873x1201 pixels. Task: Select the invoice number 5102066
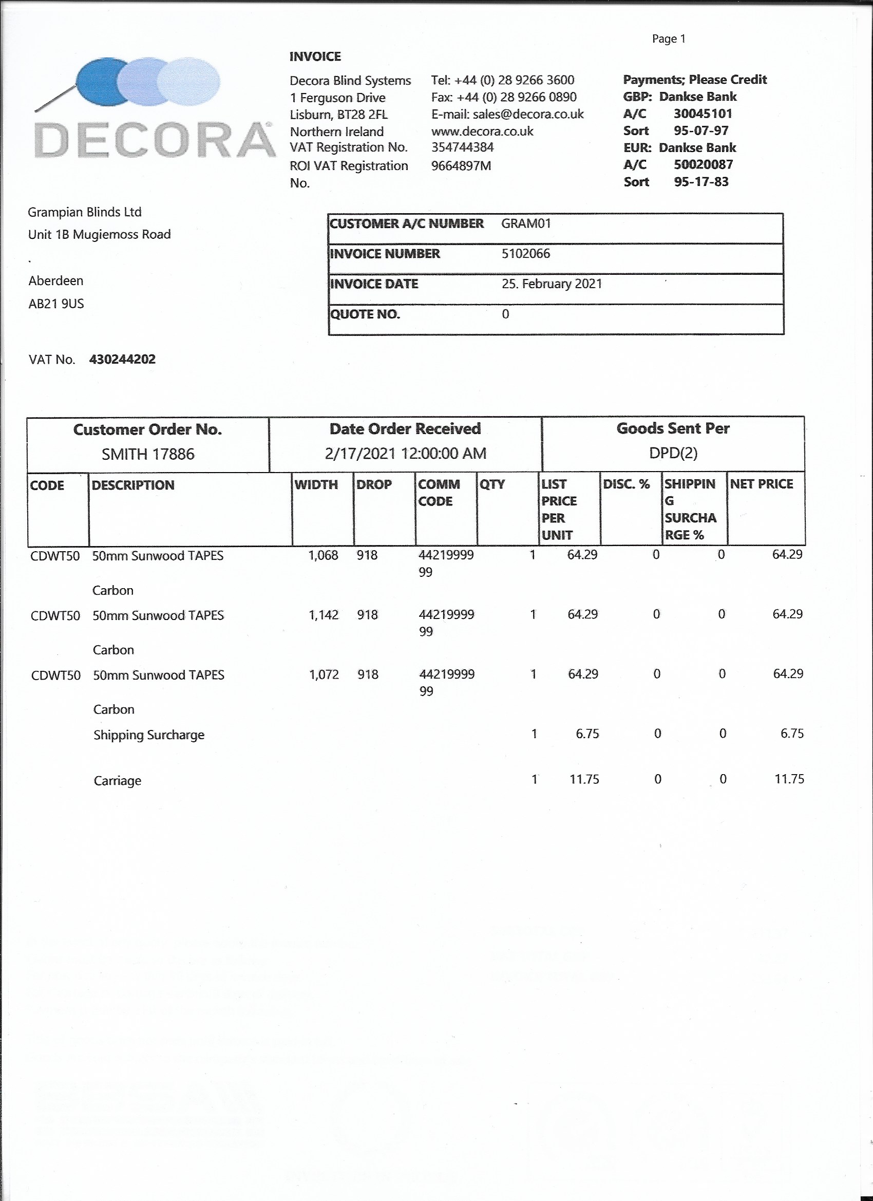point(526,254)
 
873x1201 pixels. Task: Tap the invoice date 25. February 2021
point(552,284)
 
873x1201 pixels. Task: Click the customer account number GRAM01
point(526,223)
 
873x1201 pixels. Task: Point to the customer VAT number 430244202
point(122,360)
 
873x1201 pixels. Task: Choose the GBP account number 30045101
point(703,114)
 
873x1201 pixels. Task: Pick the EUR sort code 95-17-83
point(701,182)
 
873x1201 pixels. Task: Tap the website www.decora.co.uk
point(482,132)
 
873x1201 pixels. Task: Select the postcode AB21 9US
point(56,304)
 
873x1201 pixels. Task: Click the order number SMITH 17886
point(148,454)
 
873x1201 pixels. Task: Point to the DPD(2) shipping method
point(673,453)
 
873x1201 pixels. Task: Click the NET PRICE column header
point(761,484)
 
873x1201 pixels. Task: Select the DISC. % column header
point(627,484)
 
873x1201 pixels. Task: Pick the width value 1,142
point(324,615)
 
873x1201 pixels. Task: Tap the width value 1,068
point(323,555)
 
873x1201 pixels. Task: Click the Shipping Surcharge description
point(149,735)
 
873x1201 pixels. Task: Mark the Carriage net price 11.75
point(789,779)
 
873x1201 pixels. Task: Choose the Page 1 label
point(669,39)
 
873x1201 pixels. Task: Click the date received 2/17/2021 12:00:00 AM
point(405,453)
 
